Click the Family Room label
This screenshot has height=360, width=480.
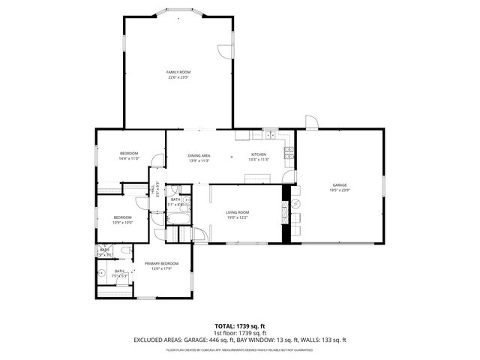tap(178, 72)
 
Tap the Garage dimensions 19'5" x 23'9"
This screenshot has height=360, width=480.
tap(339, 190)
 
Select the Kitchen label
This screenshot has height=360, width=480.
tap(258, 154)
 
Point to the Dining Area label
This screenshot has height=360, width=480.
tap(199, 154)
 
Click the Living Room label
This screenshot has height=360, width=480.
tap(237, 212)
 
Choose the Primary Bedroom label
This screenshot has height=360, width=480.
tap(161, 263)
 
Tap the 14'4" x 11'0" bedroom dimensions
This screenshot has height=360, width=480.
tap(129, 159)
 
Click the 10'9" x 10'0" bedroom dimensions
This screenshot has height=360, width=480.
tap(123, 223)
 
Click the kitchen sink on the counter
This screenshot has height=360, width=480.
tap(268, 136)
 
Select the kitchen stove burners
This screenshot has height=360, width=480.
tap(288, 153)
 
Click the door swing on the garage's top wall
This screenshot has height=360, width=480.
tap(311, 122)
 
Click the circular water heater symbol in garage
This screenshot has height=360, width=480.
tap(295, 203)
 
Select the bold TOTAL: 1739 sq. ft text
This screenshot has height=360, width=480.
tap(239, 326)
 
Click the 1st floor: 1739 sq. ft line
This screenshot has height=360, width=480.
tap(239, 333)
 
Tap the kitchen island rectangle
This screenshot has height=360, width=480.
tap(257, 178)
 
